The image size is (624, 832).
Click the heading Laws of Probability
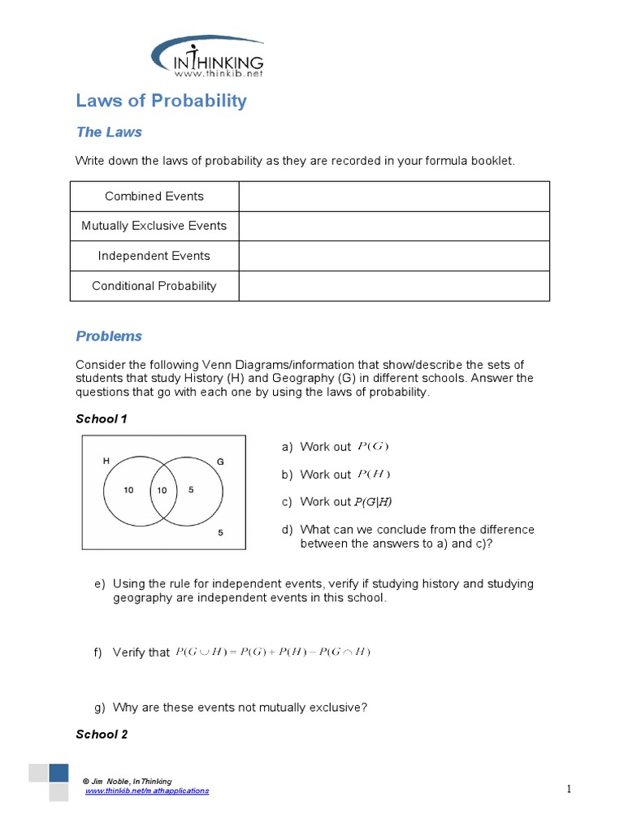tap(161, 101)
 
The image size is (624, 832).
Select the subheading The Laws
tap(109, 132)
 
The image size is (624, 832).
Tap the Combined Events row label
tap(154, 196)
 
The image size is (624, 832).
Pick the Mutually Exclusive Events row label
tap(154, 226)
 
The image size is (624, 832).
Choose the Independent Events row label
tap(154, 256)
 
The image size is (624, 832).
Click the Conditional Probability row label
tap(154, 286)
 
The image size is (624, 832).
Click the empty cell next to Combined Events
tap(393, 196)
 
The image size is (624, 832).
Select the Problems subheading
tap(109, 336)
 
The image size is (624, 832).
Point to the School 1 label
tap(102, 419)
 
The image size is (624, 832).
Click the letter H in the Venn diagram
tap(106, 461)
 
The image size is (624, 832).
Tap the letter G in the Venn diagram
tap(219, 461)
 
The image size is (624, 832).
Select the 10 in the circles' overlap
tap(162, 491)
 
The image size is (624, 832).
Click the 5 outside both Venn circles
tap(220, 533)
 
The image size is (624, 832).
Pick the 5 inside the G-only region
tap(190, 491)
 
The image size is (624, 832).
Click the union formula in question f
tap(273, 652)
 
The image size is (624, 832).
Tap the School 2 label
tap(102, 734)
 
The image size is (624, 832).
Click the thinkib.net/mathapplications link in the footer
tap(147, 791)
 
